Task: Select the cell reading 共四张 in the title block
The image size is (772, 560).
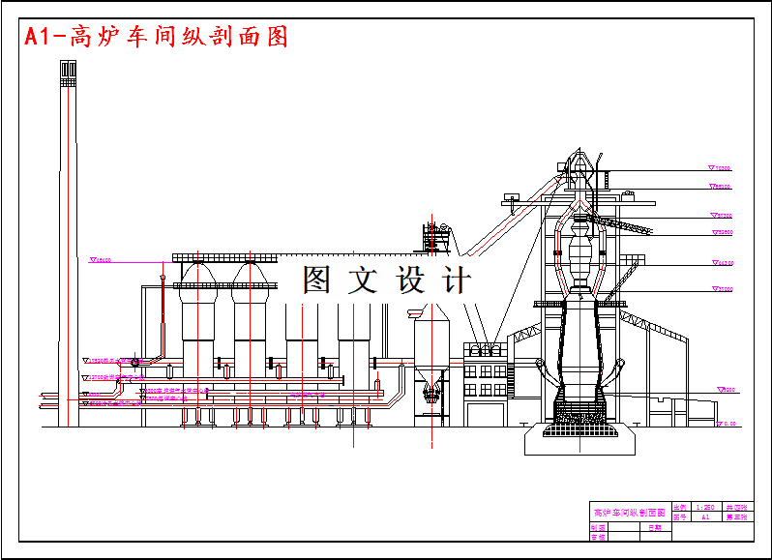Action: tap(736, 507)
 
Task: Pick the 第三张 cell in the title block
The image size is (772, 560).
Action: tap(736, 517)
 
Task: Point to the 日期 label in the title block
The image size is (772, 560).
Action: tap(655, 528)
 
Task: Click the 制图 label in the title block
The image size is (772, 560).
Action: tap(597, 528)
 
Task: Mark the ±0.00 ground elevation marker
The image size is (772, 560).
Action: tap(726, 423)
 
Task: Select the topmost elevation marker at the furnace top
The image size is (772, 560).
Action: tap(720, 168)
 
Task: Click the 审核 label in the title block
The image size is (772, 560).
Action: tap(597, 537)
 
